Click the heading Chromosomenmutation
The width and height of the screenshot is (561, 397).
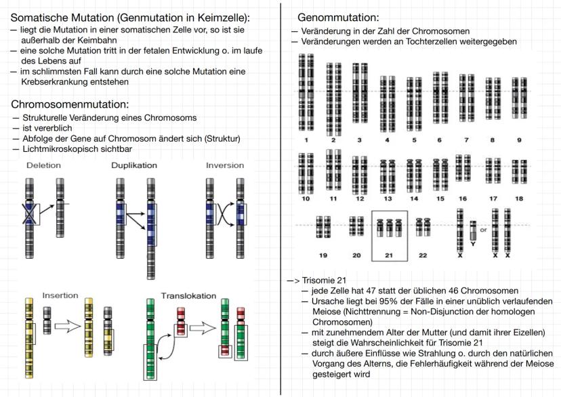70,104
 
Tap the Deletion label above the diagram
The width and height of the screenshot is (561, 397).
43,166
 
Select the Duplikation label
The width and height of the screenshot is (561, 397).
134,166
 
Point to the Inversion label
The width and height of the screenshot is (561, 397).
225,166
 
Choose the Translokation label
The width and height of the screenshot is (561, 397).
188,296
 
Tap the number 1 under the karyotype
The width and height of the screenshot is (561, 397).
306,140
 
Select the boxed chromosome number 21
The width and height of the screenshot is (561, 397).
389,255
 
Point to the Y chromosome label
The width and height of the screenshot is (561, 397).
472,244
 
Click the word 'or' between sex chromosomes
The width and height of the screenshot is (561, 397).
483,230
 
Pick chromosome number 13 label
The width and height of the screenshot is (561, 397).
388,199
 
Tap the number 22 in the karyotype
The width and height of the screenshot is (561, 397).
423,255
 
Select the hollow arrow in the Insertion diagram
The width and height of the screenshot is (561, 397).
66,328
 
